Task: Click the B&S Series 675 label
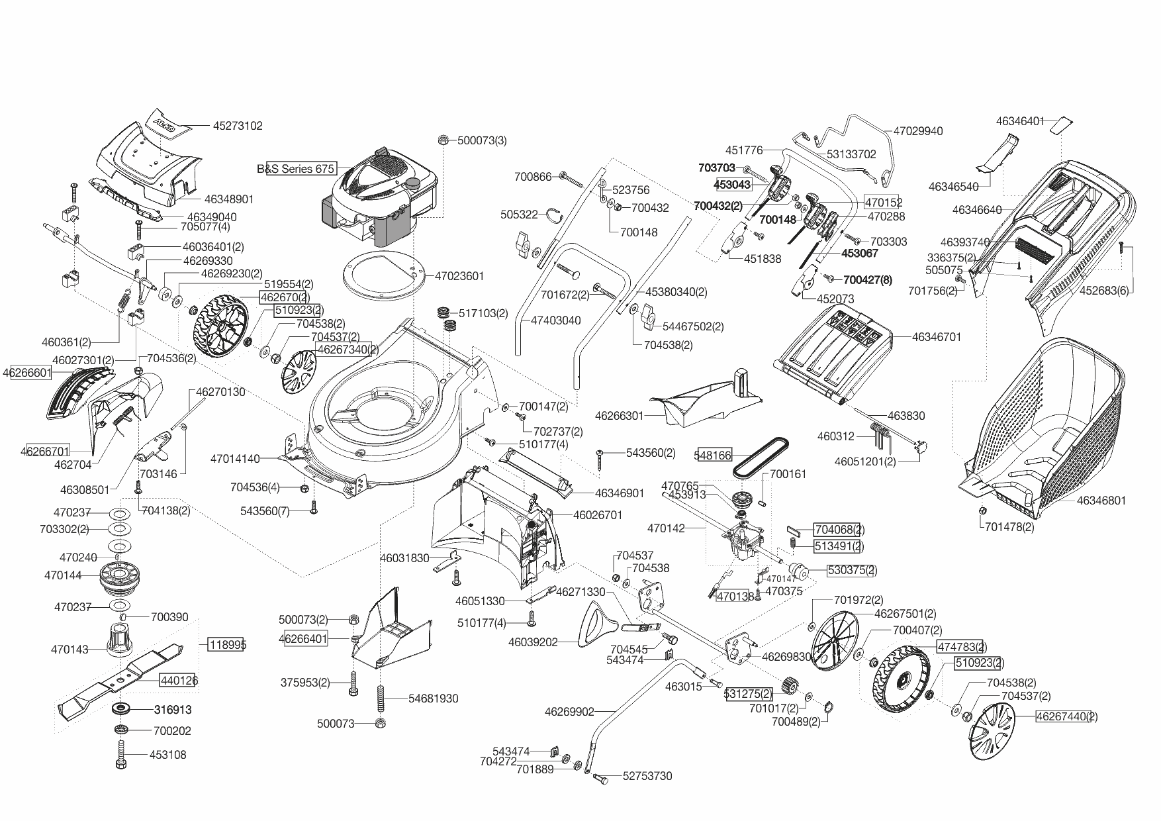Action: click(x=296, y=169)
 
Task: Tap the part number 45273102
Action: click(x=238, y=125)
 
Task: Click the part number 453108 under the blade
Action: click(x=167, y=755)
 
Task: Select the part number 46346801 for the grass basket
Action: click(x=1101, y=501)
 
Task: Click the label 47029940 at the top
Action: click(x=918, y=131)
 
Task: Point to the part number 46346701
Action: click(x=936, y=337)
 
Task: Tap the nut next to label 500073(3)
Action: click(x=443, y=140)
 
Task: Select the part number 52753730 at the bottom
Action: click(x=647, y=776)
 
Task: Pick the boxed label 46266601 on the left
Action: click(x=27, y=373)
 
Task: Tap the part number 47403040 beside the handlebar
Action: click(x=555, y=320)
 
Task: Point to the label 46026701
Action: click(x=597, y=514)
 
